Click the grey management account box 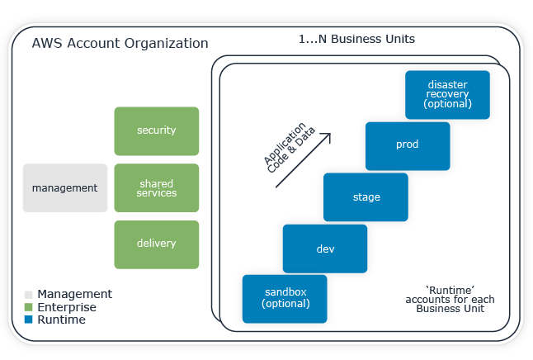(x=65, y=187)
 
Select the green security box (x=156, y=130)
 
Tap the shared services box (x=156, y=187)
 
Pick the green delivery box (x=156, y=244)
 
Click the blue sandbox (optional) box (x=285, y=298)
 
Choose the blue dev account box (x=325, y=248)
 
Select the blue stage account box (x=366, y=197)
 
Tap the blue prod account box (x=407, y=145)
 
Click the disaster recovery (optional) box (x=447, y=94)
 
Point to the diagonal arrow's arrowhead (x=327, y=136)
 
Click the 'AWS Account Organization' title (x=120, y=43)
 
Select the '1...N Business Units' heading (x=356, y=39)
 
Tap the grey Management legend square (x=29, y=295)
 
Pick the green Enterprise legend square (x=29, y=307)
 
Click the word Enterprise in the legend (x=67, y=307)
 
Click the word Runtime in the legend (x=61, y=320)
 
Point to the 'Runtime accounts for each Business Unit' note (x=450, y=300)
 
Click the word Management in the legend (x=74, y=294)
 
